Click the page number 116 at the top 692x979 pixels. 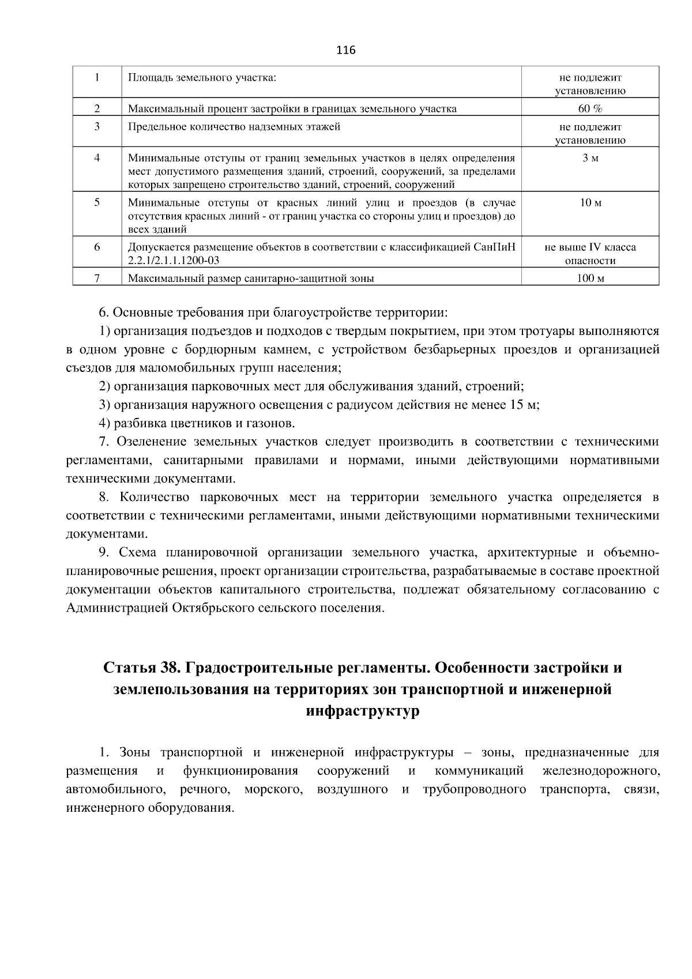[x=345, y=50]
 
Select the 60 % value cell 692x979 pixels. [x=590, y=108]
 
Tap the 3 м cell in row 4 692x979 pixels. [x=590, y=158]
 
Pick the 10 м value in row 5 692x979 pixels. [x=590, y=203]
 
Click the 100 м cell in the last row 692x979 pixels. [x=590, y=278]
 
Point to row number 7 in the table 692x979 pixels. [x=97, y=278]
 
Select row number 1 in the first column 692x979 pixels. [x=97, y=77]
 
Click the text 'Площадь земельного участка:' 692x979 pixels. [x=202, y=77]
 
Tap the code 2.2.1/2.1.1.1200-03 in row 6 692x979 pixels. [x=174, y=260]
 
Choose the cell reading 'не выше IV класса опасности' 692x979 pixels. [x=590, y=254]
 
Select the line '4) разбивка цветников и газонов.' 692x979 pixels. [x=197, y=424]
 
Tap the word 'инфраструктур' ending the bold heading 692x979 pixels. [x=362, y=711]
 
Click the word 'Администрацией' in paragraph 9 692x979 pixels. [x=117, y=608]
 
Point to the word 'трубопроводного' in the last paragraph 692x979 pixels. [x=474, y=789]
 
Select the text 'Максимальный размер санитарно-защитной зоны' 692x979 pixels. [x=251, y=278]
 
